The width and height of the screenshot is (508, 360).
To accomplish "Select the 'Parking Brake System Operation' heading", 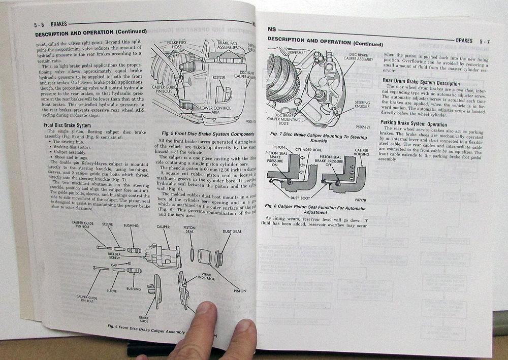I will (415, 124).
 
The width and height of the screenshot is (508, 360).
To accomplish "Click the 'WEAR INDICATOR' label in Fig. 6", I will (206, 277).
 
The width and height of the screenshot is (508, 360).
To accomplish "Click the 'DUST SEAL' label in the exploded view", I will (232, 232).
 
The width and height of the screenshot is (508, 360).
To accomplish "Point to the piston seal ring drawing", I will (192, 254).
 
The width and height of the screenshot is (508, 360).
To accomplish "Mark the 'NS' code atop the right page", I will (272, 29).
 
